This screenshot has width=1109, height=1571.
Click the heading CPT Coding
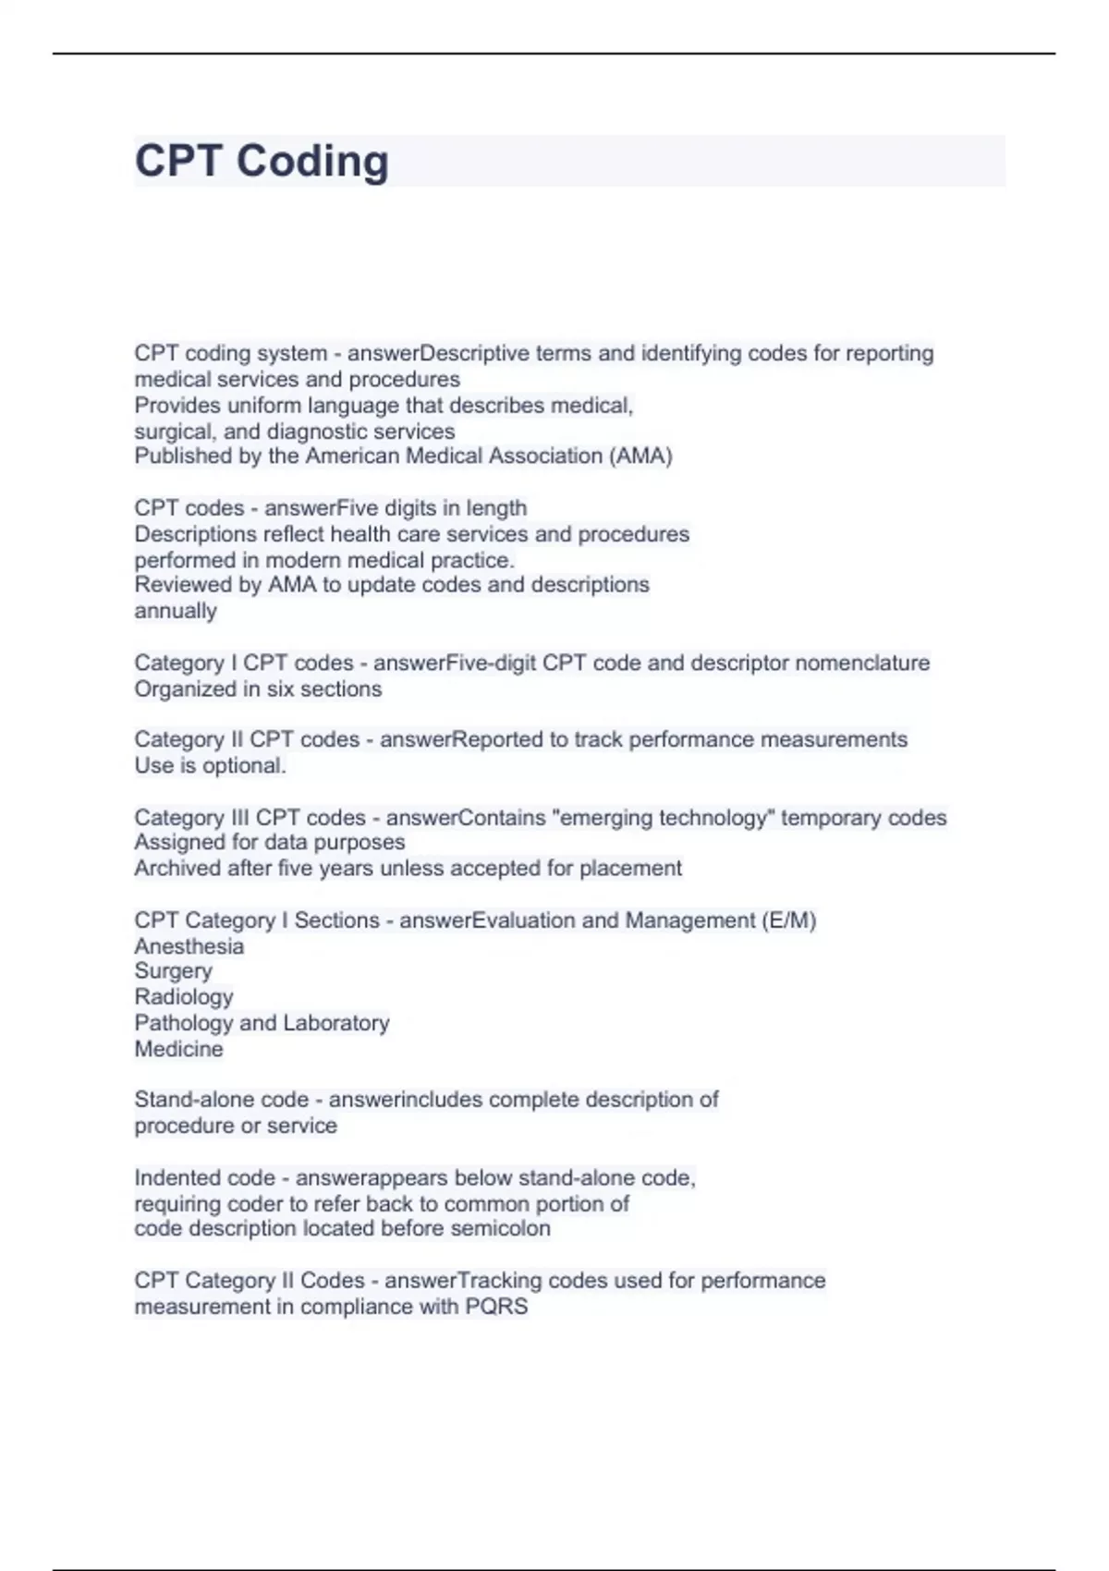[262, 161]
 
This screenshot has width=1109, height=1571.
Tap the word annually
[176, 611]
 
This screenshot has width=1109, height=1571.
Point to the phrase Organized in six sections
[258, 688]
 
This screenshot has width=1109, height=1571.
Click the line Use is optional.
[210, 765]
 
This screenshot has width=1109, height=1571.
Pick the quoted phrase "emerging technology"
[663, 818]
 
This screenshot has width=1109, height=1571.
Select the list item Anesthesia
[189, 946]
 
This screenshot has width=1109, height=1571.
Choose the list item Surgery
[174, 971]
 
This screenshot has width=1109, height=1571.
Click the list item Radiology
[184, 997]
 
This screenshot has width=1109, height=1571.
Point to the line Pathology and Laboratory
[262, 1023]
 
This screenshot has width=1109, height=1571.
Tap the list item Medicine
[178, 1049]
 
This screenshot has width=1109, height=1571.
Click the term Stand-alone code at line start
[221, 1100]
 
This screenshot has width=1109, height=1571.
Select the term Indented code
[204, 1177]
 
